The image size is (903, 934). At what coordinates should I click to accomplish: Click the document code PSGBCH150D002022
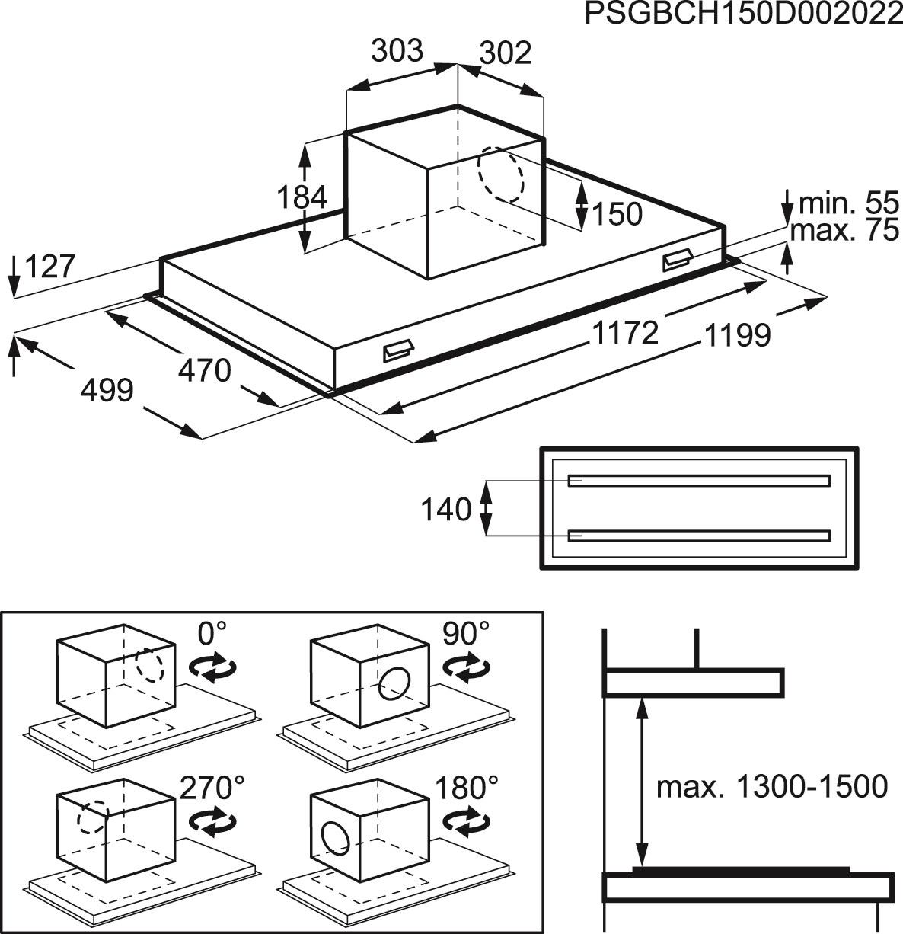743,15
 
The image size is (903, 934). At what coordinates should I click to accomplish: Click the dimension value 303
397,50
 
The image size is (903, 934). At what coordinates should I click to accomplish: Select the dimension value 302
506,53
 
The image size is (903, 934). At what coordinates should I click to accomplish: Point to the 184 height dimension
302,197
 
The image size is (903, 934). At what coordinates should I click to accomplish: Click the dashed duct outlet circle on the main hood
500,174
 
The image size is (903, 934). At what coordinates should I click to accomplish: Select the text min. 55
848,203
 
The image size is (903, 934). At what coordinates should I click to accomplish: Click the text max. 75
844,230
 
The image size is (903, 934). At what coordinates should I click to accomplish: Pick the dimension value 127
50,267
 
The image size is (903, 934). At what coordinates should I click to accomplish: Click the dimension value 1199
738,335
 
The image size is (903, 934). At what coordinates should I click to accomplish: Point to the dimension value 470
204,370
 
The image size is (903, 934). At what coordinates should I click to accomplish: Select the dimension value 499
107,390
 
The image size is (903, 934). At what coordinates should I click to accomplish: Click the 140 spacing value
446,509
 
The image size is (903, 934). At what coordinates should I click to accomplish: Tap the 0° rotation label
212,633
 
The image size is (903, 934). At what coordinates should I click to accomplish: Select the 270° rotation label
212,788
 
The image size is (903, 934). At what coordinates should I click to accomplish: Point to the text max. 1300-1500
771,786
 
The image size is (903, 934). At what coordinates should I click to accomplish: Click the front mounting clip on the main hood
397,351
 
